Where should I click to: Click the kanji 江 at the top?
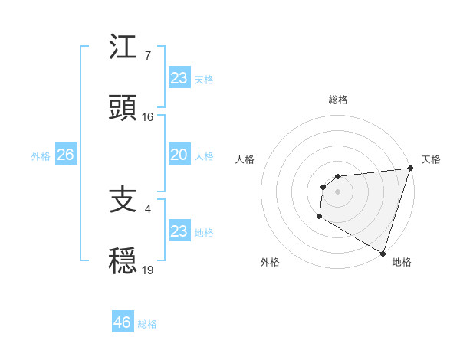pyautogui.click(x=123, y=47)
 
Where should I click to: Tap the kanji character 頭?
pyautogui.click(x=123, y=108)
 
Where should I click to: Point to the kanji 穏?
pyautogui.click(x=123, y=260)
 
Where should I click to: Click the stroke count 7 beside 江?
pyautogui.click(x=148, y=56)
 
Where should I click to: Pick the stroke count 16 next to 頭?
pyautogui.click(x=148, y=117)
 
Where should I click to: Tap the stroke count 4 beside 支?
pyautogui.click(x=148, y=208)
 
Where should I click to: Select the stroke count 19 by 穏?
pyautogui.click(x=148, y=270)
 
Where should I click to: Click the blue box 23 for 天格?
pyautogui.click(x=179, y=78)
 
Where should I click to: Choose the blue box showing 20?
pyautogui.click(x=179, y=155)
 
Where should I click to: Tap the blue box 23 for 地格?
pyautogui.click(x=179, y=231)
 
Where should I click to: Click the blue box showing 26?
pyautogui.click(x=65, y=155)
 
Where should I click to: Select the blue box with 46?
pyautogui.click(x=123, y=322)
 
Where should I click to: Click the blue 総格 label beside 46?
pyautogui.click(x=147, y=324)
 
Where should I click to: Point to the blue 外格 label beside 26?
pyautogui.click(x=41, y=156)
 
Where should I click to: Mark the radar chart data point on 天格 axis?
pyautogui.click(x=411, y=169)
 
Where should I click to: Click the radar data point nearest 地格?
pyautogui.click(x=383, y=254)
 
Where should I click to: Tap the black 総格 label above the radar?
pyautogui.click(x=338, y=100)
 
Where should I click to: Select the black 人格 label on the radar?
pyautogui.click(x=245, y=159)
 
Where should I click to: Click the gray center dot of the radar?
pyautogui.click(x=337, y=191)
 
